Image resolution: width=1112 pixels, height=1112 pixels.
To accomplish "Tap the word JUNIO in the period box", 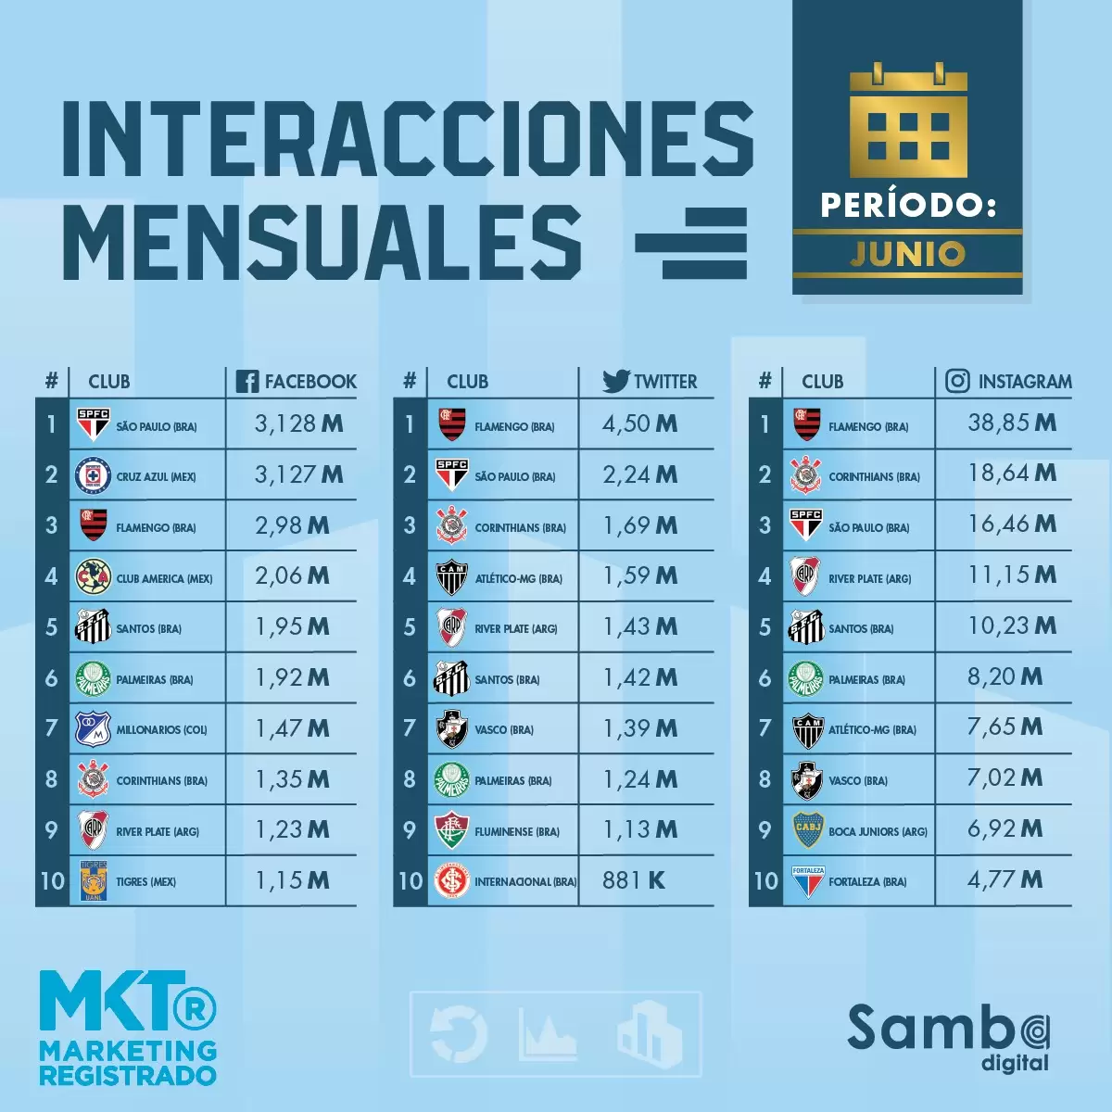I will (x=908, y=254).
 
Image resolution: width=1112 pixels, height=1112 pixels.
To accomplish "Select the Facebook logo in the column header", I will (x=247, y=381).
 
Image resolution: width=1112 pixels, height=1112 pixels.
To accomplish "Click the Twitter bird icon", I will (x=615, y=380).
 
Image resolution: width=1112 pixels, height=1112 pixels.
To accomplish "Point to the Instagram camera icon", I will (x=957, y=381).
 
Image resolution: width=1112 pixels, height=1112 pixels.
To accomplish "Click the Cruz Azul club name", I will (x=156, y=477).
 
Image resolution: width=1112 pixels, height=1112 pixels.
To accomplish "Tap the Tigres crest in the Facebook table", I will (x=93, y=881).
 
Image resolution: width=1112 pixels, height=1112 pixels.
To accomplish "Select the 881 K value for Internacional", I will (x=634, y=880).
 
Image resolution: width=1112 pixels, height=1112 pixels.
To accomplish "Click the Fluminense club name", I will (x=517, y=832).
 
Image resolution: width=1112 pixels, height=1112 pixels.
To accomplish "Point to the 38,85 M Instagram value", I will (x=1012, y=423).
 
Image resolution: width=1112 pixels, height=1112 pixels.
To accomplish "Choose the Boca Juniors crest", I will (x=808, y=830).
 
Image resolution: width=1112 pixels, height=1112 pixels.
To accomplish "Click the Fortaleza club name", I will (x=867, y=882).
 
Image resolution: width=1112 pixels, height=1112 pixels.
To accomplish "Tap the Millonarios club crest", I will (x=93, y=729).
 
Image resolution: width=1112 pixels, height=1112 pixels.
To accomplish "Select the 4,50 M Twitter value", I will (x=639, y=424).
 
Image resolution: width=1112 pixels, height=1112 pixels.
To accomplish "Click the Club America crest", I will (x=93, y=576).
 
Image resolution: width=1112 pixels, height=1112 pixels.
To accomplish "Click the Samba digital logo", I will (x=949, y=1036).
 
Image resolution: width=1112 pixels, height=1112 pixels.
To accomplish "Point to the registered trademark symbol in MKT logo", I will (x=196, y=1008).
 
